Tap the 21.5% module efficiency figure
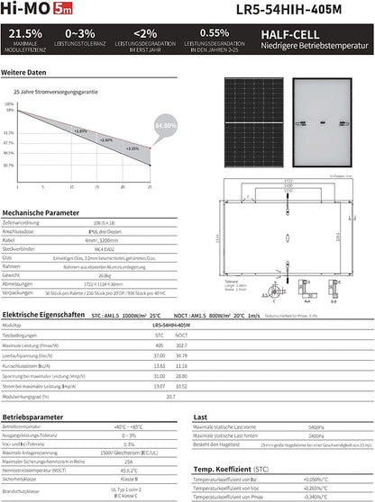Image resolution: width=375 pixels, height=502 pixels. (24, 34)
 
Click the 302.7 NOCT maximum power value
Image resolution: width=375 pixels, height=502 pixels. (181, 345)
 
